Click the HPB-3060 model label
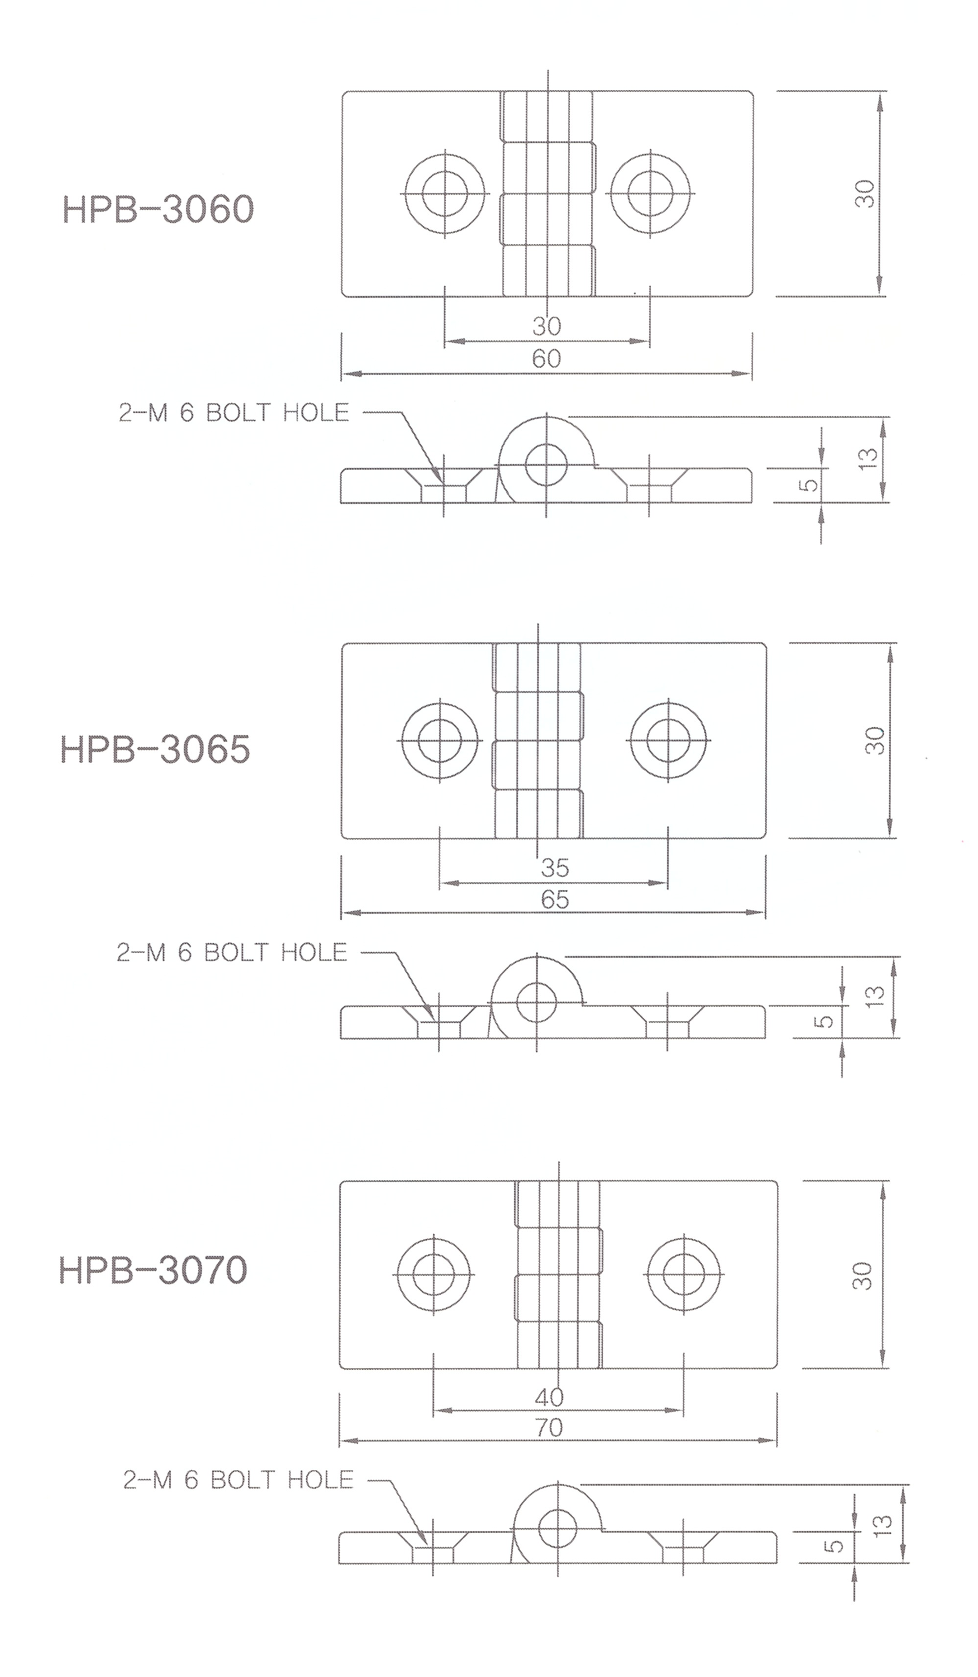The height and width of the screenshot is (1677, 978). pyautogui.click(x=159, y=210)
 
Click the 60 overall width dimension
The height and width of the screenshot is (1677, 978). pyautogui.click(x=546, y=359)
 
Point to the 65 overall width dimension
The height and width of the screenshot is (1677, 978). pyautogui.click(x=555, y=899)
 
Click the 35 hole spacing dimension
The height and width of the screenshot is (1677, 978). pyautogui.click(x=555, y=867)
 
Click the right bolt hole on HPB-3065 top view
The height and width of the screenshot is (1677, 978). pyautogui.click(x=667, y=740)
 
